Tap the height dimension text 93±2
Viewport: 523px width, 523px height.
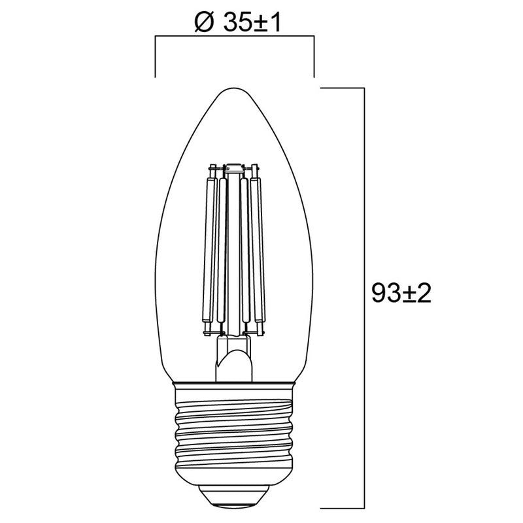point(401,293)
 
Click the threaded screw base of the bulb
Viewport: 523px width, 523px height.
point(235,431)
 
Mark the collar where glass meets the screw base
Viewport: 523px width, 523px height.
point(235,382)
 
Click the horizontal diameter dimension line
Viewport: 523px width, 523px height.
point(235,38)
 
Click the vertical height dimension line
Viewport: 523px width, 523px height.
point(364,196)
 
